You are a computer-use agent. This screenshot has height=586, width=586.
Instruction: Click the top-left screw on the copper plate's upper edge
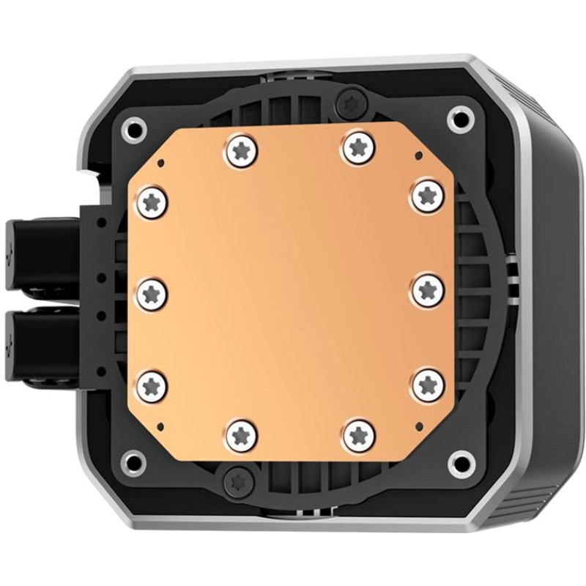(242, 149)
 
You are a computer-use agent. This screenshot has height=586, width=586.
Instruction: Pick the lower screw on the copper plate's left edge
(153, 383)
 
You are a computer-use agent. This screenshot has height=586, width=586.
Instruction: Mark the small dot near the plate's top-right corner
(416, 155)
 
